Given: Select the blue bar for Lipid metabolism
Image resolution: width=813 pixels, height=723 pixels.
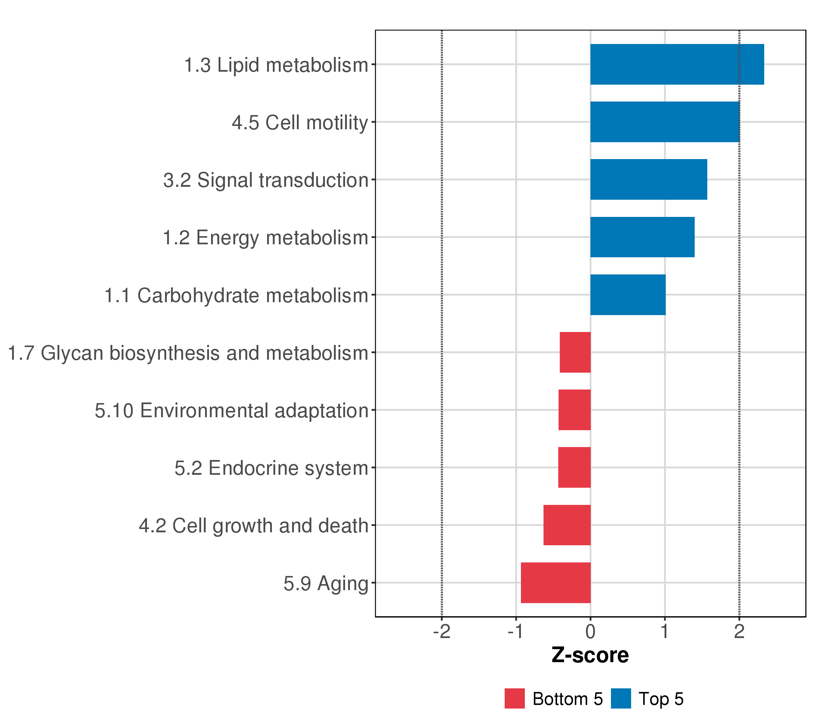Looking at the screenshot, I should (x=677, y=64).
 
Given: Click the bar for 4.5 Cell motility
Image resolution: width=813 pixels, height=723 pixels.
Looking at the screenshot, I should (x=665, y=122).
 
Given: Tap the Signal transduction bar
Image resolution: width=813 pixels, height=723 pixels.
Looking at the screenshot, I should (x=648, y=180).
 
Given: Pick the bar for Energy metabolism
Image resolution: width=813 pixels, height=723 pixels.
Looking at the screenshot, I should (x=642, y=237).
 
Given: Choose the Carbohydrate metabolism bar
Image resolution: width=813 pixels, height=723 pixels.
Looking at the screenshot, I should (x=628, y=295).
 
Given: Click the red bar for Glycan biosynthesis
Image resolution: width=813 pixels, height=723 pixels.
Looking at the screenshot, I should (x=575, y=352).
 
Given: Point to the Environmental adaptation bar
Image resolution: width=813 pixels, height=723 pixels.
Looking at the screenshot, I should (x=574, y=410).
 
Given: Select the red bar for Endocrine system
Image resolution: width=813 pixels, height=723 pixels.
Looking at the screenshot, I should (x=574, y=468).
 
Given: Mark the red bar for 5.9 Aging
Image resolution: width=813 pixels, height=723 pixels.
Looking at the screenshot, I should (x=555, y=583).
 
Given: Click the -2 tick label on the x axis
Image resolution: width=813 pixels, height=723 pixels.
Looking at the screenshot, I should (x=441, y=631).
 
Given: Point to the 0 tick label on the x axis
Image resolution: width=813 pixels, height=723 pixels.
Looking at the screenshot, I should (x=590, y=631).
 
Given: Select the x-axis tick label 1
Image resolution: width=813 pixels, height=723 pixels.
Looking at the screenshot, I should (x=665, y=631).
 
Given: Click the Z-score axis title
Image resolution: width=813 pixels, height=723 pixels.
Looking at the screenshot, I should (x=590, y=655).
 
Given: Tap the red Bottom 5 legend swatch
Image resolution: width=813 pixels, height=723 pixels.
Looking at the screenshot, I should (x=514, y=699).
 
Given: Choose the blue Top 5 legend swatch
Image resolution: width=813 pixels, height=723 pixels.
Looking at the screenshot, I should (x=621, y=699).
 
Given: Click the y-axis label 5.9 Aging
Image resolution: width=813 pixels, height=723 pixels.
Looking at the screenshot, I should (x=326, y=584).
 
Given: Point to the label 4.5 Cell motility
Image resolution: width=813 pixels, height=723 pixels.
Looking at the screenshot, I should (x=300, y=123).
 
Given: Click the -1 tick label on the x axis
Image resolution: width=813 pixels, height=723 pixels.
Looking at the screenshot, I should (x=516, y=631).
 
